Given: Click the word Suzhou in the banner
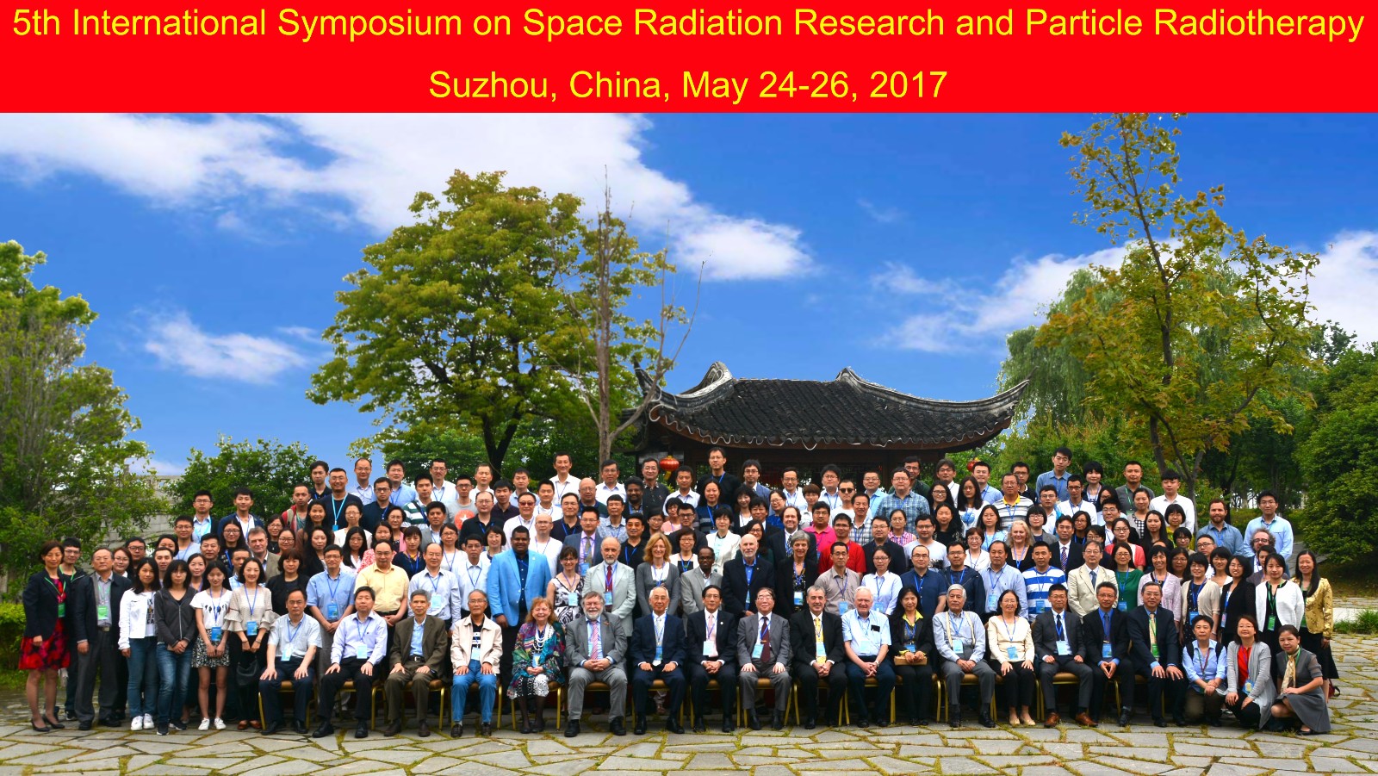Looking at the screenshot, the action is tap(489, 85).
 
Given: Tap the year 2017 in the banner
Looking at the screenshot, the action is tap(908, 85).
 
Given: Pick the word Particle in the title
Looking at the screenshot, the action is tap(1084, 23).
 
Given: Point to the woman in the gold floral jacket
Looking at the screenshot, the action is tap(1314, 616).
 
